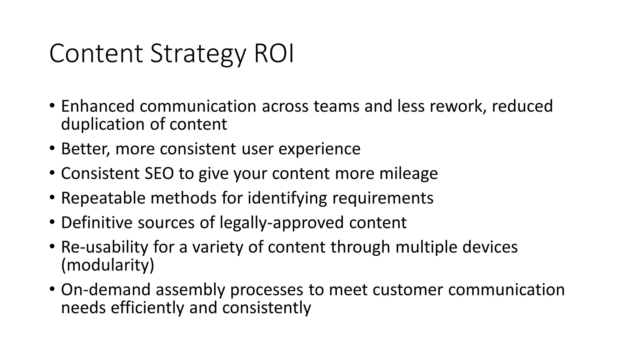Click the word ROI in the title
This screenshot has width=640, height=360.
coord(274,54)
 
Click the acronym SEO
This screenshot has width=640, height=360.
coord(159,173)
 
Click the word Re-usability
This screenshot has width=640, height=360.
coord(104,247)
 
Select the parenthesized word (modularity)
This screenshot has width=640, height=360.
coord(107,265)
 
